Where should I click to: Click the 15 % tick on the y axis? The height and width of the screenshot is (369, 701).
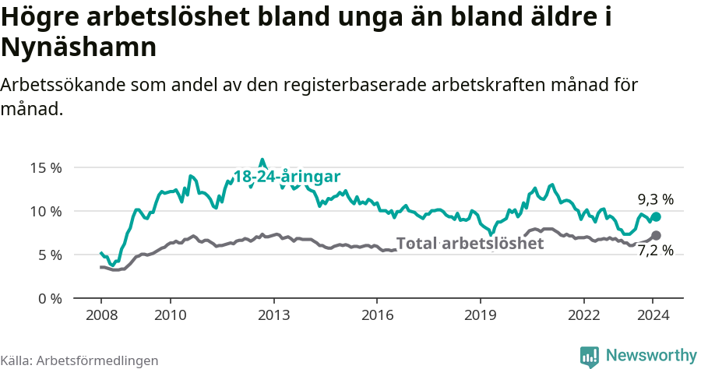[x=46, y=167]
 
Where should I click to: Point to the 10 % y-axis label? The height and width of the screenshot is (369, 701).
[x=46, y=211]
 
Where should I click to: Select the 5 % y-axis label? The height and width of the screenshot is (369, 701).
[x=49, y=255]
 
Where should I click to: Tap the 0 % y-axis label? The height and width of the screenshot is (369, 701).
[x=49, y=298]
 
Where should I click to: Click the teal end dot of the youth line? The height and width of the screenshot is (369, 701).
[x=656, y=217]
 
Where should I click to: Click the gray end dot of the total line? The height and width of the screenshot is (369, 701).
[x=656, y=235]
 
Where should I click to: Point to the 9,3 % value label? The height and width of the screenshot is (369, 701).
[x=655, y=199]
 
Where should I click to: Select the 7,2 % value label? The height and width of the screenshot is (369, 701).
[x=655, y=251]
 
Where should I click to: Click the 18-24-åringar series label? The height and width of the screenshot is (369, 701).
[x=287, y=177]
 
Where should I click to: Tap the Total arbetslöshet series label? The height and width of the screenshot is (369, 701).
[x=470, y=243]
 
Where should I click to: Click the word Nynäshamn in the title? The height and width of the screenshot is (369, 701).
[x=79, y=47]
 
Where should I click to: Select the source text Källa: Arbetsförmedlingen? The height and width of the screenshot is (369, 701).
[x=79, y=360]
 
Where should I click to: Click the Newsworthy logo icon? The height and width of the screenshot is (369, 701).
[x=590, y=356]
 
